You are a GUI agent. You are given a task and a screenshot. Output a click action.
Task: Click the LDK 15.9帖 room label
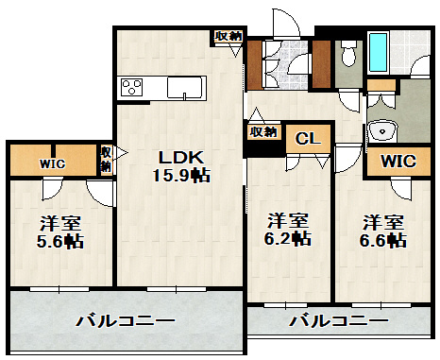[x=181, y=166]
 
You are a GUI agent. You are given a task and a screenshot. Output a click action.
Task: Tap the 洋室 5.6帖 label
[x=60, y=232]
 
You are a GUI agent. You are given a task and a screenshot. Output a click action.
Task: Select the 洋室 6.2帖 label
[x=288, y=230]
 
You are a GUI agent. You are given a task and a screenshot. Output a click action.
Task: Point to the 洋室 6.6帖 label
[x=383, y=231]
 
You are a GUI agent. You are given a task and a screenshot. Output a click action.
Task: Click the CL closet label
[x=308, y=138]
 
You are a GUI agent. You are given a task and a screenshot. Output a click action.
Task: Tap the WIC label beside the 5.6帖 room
[x=52, y=163]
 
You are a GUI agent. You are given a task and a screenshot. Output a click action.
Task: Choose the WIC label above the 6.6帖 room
[x=398, y=162]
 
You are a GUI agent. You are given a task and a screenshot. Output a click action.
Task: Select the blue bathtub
[x=378, y=52]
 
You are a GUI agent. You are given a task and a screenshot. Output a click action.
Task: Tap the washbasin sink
[x=382, y=130]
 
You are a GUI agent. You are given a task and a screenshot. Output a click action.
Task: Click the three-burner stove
[x=132, y=87]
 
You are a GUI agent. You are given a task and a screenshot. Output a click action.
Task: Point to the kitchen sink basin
[x=184, y=88]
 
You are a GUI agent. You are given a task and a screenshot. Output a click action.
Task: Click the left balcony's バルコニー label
[x=126, y=321]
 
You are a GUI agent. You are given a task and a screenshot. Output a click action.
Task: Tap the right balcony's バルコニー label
[x=339, y=321]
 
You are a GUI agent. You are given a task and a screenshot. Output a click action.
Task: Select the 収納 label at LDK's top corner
[x=228, y=36]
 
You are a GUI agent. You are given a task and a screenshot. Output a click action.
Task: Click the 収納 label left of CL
[x=263, y=131]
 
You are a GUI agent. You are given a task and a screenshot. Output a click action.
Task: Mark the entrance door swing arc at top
[x=292, y=19]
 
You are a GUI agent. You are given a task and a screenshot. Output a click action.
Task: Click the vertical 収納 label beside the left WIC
[x=106, y=160]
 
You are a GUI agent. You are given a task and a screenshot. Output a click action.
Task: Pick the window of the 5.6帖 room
[x=59, y=288]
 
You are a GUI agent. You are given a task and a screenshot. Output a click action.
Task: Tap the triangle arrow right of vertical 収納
[x=122, y=153]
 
